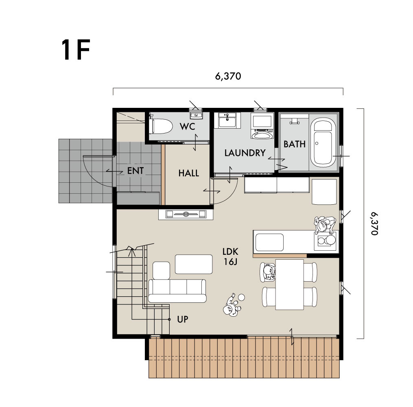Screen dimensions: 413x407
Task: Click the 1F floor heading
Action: coord(76,50)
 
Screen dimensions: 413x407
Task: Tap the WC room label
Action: coord(188,127)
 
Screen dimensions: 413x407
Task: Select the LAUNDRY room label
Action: coord(245,153)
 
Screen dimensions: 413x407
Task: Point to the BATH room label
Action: coord(295,144)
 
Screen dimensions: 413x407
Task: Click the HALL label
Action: coord(188,173)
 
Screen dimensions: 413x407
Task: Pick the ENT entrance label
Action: coord(135,171)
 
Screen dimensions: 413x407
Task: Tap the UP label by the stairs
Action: coord(183,319)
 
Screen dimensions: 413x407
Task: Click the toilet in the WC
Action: coord(161,127)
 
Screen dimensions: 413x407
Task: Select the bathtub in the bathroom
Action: coord(324,142)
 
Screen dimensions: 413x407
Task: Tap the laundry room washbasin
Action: coord(227,120)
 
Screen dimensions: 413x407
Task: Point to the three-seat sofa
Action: coord(177,291)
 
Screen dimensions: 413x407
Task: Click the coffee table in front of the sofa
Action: coord(194,264)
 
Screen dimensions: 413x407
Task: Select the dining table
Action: coord(289,284)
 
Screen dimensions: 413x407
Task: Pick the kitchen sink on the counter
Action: coord(269,242)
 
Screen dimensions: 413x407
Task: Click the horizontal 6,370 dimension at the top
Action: coord(228,76)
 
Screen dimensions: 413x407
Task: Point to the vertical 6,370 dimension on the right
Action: coord(374,223)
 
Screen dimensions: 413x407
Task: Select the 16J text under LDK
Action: coord(230,262)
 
